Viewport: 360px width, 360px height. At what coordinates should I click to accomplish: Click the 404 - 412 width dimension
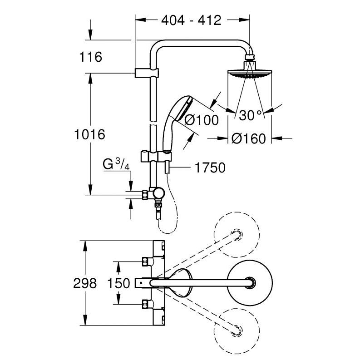point(191,20)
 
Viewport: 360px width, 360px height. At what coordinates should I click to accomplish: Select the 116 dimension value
point(90,57)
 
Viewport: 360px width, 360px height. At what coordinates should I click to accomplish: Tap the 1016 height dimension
point(89,134)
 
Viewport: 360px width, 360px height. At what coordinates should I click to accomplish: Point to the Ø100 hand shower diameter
point(202,120)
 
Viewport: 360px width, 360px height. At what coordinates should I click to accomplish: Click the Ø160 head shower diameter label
point(248,138)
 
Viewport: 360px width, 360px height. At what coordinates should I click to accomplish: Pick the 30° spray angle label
point(250,115)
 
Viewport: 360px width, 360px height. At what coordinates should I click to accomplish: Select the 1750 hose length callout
point(210,168)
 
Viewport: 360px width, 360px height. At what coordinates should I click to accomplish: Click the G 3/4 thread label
point(116,164)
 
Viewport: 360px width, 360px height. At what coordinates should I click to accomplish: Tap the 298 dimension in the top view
point(85,283)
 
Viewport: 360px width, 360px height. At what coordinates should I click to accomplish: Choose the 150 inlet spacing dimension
point(118,283)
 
